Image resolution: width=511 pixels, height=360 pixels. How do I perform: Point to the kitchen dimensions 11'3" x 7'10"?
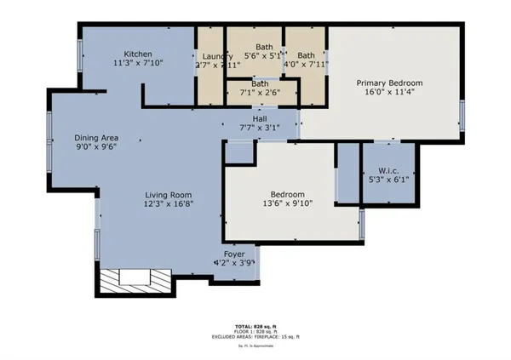click(138, 61)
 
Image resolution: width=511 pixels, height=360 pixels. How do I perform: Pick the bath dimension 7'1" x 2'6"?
click(261, 92)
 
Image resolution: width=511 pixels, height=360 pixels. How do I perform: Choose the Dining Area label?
click(95, 138)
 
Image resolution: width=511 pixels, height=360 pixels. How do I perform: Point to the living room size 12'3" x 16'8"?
click(167, 204)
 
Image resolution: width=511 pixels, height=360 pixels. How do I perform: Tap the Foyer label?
click(233, 254)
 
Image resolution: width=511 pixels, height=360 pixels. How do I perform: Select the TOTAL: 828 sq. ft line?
click(255, 325)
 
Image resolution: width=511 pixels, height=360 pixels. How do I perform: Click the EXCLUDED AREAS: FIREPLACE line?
click(255, 338)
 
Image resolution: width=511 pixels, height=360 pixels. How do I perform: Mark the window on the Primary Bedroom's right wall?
click(462, 114)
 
